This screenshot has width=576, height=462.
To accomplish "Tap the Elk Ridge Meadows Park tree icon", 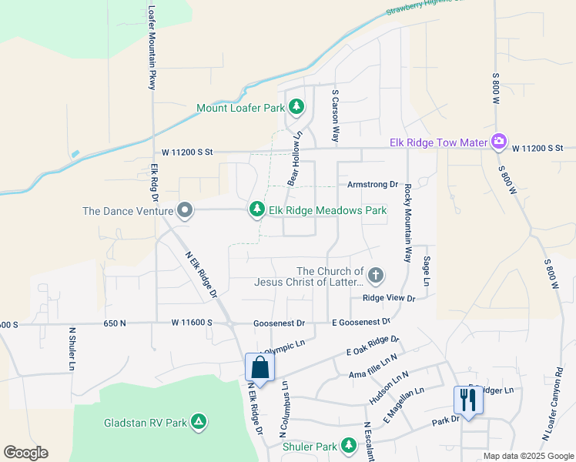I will click(256, 209).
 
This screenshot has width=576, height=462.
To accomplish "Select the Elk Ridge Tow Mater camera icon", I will click(499, 142).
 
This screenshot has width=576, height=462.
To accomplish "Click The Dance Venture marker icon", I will click(184, 210).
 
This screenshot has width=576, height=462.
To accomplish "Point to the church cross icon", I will click(376, 275).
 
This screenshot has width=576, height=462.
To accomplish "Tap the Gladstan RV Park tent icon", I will click(199, 421).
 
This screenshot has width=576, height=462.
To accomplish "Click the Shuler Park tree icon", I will click(349, 446).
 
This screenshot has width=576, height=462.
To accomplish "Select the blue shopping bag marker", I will click(260, 367).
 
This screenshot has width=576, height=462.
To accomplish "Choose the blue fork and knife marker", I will click(467, 400).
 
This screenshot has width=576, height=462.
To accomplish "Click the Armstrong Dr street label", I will click(372, 185).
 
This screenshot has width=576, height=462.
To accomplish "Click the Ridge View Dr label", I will click(389, 298).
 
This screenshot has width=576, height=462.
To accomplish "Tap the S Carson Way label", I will click(335, 115).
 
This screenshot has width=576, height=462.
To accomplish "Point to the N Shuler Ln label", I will click(70, 349).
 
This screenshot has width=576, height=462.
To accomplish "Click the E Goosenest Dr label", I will click(360, 322).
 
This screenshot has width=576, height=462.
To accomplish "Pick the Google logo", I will click(25, 453).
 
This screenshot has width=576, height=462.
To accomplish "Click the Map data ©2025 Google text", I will click(527, 456).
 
